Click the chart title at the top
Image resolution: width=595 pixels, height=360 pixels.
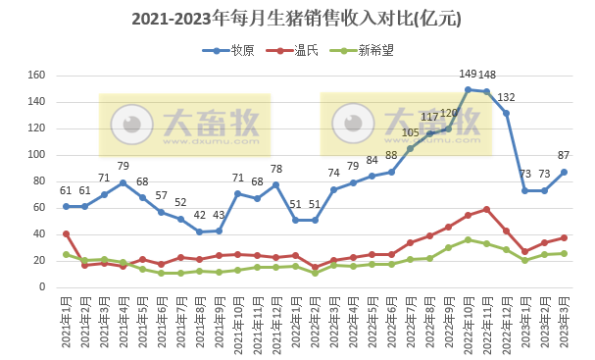(296, 19)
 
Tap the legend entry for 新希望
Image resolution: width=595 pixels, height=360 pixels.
(366, 50)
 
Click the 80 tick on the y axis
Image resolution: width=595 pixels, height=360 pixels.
(40, 181)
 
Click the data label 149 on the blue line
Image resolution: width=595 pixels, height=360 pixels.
(469, 75)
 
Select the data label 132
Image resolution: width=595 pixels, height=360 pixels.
(506, 97)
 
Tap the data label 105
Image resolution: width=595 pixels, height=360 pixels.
(411, 133)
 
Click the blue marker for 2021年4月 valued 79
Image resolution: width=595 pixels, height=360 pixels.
(124, 182)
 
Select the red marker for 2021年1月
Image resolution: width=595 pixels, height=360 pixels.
(66, 233)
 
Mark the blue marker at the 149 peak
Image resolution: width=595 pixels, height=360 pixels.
(468, 89)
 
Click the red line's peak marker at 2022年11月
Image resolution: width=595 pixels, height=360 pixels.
(486, 209)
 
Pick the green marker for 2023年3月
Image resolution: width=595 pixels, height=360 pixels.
(563, 253)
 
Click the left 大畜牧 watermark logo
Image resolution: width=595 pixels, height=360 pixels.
(184, 124)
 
